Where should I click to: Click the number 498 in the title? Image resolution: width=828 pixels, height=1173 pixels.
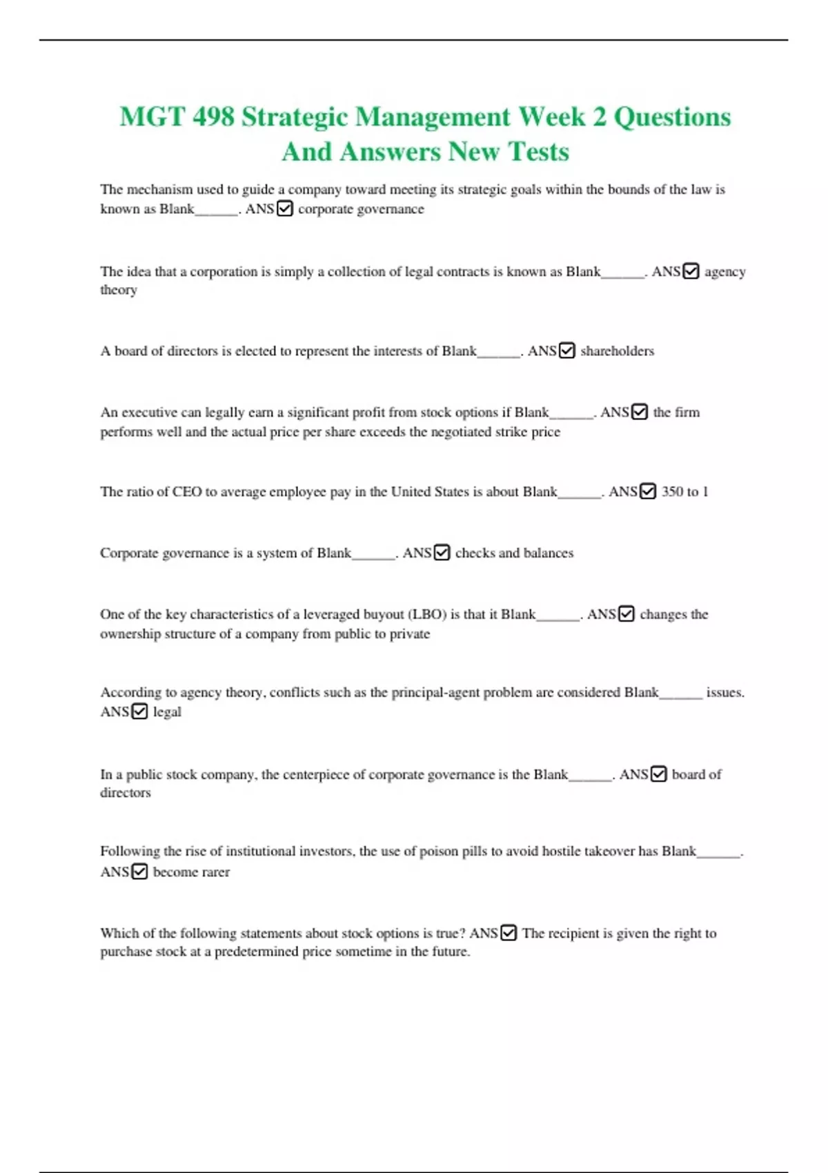tap(213, 117)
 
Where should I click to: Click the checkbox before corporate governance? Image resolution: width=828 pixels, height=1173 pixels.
tap(284, 208)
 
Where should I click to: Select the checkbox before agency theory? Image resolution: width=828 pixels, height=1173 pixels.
tap(691, 271)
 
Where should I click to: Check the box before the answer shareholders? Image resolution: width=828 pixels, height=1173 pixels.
tap(566, 351)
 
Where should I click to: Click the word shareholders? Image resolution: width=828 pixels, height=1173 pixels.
tap(617, 351)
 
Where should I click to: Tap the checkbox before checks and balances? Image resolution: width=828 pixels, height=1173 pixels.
tap(442, 553)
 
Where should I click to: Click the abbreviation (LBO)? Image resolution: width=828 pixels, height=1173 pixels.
tap(427, 614)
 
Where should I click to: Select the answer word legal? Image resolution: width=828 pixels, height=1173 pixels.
tap(167, 711)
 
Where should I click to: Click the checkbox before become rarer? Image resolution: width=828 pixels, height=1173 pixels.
tap(139, 871)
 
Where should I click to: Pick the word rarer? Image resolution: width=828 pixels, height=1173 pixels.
tap(215, 872)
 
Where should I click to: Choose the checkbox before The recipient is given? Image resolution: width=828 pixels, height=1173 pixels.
tap(509, 933)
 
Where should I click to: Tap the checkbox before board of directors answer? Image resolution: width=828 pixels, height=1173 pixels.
tap(659, 774)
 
